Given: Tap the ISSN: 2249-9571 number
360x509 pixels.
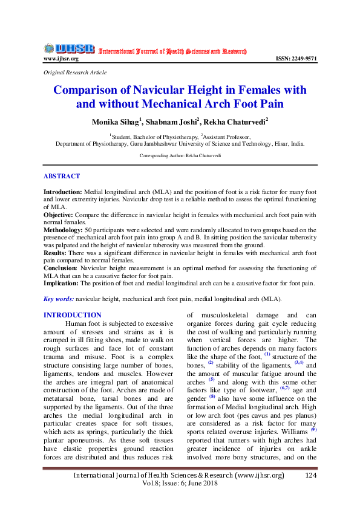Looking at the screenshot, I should [x=296, y=59].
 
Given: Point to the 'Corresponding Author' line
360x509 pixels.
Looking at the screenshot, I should [x=180, y=155].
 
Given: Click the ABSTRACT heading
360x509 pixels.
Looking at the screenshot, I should [x=61, y=177].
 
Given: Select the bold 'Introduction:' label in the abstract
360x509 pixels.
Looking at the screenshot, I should [x=63, y=190].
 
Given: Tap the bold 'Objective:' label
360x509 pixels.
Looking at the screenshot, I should [x=59, y=215].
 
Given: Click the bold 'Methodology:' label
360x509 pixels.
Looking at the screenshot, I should [x=65, y=230].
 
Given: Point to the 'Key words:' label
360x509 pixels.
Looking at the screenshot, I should [x=59, y=299].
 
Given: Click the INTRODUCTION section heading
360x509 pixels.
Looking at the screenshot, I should [x=73, y=315].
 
